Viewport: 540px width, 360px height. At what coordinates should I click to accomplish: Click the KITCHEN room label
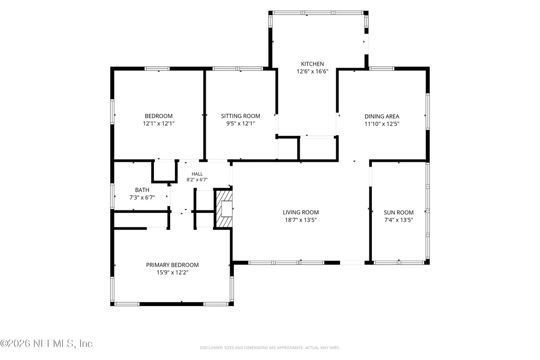(312, 64)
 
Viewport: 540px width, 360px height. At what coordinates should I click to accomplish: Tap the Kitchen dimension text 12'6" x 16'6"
(312, 72)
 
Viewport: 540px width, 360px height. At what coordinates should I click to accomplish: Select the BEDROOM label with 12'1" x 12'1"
(158, 116)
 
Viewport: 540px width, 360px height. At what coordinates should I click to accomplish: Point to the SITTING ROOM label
(240, 116)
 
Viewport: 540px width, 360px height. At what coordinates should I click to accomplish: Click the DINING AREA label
(382, 116)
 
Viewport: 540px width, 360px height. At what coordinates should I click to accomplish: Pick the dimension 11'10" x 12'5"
(382, 124)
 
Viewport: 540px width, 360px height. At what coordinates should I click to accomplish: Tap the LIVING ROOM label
(301, 212)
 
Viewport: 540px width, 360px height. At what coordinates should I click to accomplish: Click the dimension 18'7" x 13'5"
(301, 220)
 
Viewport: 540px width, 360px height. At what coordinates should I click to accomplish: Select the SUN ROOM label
(399, 212)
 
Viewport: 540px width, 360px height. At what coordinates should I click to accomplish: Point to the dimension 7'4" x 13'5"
(399, 220)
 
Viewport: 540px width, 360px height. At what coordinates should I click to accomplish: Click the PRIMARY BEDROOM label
(172, 265)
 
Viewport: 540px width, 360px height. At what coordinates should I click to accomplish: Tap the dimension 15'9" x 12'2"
(172, 273)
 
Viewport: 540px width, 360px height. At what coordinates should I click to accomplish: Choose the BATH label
(142, 190)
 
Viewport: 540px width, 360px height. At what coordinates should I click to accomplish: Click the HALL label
(197, 174)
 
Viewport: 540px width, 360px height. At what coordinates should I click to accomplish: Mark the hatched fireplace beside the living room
(224, 208)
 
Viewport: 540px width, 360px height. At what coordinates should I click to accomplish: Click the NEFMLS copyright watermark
(46, 343)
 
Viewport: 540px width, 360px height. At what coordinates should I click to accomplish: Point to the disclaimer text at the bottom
(270, 348)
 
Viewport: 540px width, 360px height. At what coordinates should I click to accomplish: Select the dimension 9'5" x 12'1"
(240, 124)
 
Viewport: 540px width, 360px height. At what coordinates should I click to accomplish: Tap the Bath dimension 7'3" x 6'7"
(142, 198)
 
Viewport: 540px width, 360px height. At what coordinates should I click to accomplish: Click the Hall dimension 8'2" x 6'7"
(197, 180)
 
